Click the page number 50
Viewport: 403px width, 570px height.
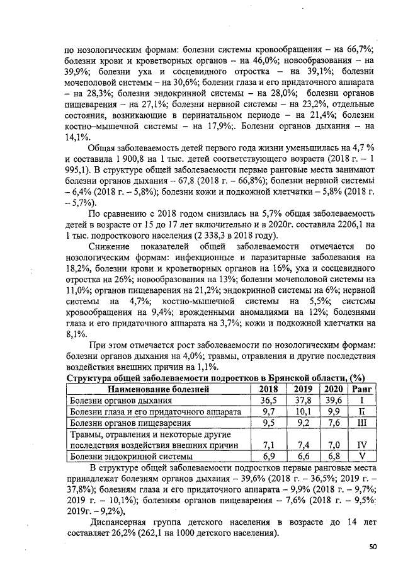coord(373,547)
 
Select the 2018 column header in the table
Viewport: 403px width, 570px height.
coord(268,389)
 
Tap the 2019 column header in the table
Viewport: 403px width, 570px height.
coord(303,389)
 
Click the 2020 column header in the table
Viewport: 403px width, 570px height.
coord(334,389)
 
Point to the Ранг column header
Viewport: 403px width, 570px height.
coord(362,389)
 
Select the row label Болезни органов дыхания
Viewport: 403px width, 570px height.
coord(120,400)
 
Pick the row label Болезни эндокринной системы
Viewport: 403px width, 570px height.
coord(125,455)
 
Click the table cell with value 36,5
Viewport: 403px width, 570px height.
coord(268,400)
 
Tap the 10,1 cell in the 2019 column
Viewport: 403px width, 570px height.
coord(303,411)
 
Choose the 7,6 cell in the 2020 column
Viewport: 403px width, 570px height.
coord(334,423)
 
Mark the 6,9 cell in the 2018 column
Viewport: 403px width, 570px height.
coord(268,455)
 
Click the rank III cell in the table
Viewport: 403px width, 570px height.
coord(362,423)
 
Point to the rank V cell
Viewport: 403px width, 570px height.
coord(362,455)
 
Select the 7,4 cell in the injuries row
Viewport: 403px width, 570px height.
coord(303,445)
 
